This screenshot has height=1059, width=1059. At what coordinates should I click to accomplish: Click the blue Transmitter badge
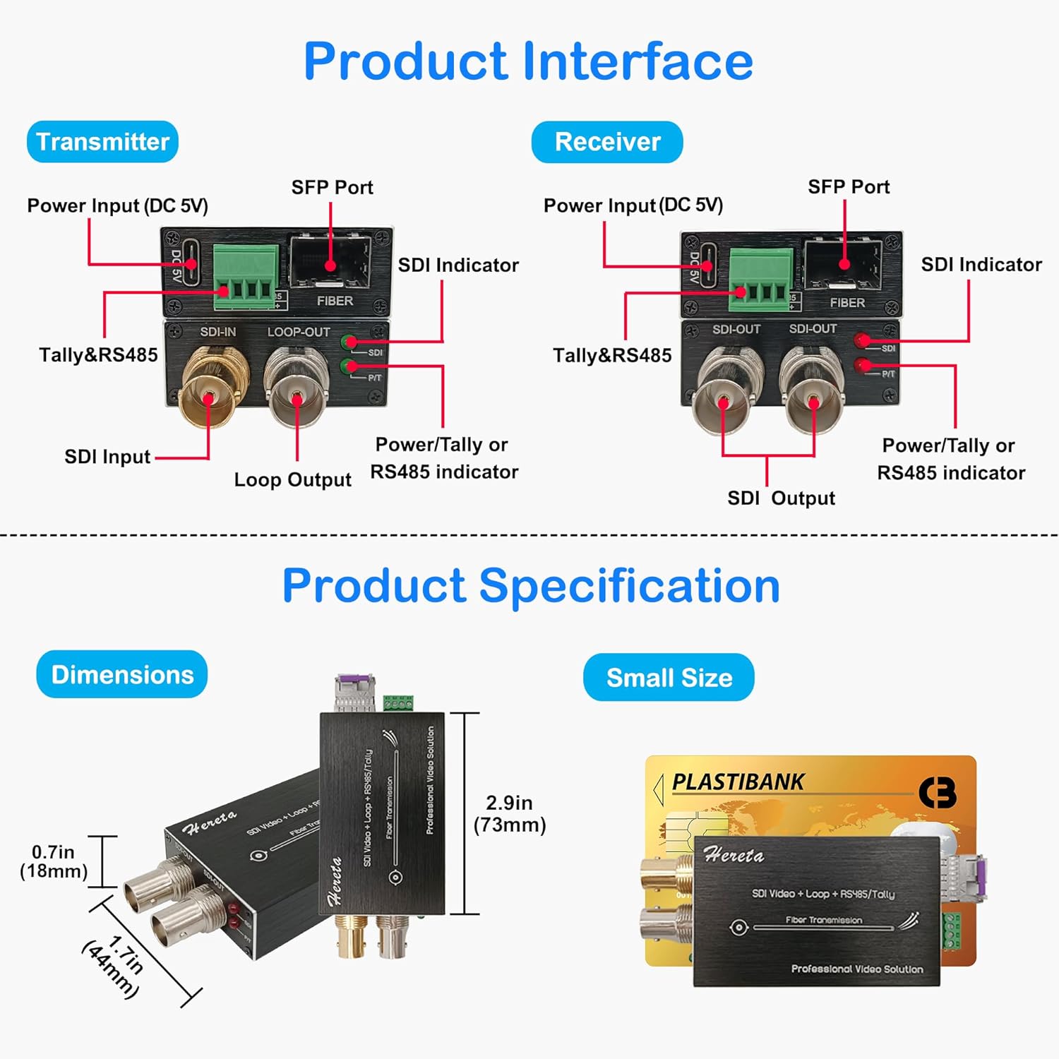coord(102,142)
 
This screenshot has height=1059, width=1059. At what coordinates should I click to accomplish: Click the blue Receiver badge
coord(607,142)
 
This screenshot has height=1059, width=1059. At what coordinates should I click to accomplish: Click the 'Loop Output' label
coord(292,480)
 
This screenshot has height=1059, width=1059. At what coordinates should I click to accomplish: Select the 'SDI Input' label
coord(107,457)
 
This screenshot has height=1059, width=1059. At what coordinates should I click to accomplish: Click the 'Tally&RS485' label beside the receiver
coord(612,355)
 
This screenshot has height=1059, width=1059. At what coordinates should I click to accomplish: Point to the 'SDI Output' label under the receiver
coord(781,498)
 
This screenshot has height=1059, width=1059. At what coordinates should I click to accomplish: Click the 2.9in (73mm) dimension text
coord(509,813)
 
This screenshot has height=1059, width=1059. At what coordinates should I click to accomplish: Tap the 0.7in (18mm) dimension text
coord(54,861)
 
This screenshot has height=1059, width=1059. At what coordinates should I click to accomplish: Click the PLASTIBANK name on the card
coord(738,782)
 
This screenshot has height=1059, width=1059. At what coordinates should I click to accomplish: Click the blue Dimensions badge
coord(122,675)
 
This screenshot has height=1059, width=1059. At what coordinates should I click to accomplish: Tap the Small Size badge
coord(669,678)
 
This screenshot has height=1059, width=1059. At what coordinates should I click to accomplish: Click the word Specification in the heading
coord(629,586)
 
